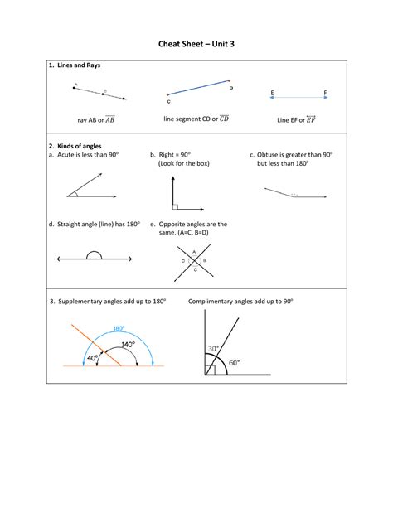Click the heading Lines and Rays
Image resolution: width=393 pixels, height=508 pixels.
point(78,65)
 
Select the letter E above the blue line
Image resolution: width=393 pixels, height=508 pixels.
point(273,92)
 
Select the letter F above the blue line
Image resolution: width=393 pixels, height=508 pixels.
point(325,92)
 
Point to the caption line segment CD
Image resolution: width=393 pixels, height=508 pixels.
point(196,119)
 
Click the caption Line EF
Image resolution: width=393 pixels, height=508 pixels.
point(296,120)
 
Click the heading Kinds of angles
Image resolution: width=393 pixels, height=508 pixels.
point(78,145)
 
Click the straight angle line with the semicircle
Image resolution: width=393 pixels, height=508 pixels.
point(95,259)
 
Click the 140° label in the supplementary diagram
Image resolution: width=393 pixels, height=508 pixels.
point(128,345)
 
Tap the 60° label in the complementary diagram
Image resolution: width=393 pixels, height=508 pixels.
point(234,362)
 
